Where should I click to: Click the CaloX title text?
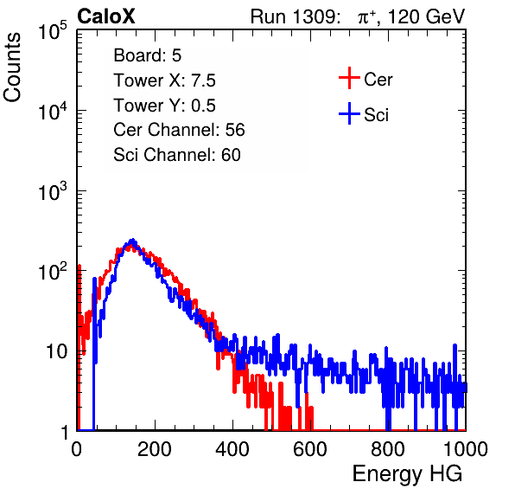click(106, 16)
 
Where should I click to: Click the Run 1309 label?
click(295, 16)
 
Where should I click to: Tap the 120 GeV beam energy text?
click(426, 16)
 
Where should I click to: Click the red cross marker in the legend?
click(349, 78)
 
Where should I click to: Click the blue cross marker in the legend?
click(349, 113)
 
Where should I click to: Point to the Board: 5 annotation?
click(148, 55)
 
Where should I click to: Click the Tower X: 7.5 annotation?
click(164, 80)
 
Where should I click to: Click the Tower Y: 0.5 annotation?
click(164, 106)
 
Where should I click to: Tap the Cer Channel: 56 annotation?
click(179, 130)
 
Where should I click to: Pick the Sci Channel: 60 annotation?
click(177, 155)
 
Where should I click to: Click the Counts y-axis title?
click(12, 67)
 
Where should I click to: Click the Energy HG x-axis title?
click(407, 474)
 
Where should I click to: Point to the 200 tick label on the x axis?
click(155, 449)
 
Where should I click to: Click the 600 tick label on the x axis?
click(310, 449)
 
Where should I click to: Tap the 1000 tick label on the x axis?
click(466, 449)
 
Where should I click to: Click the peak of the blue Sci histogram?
click(132, 240)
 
